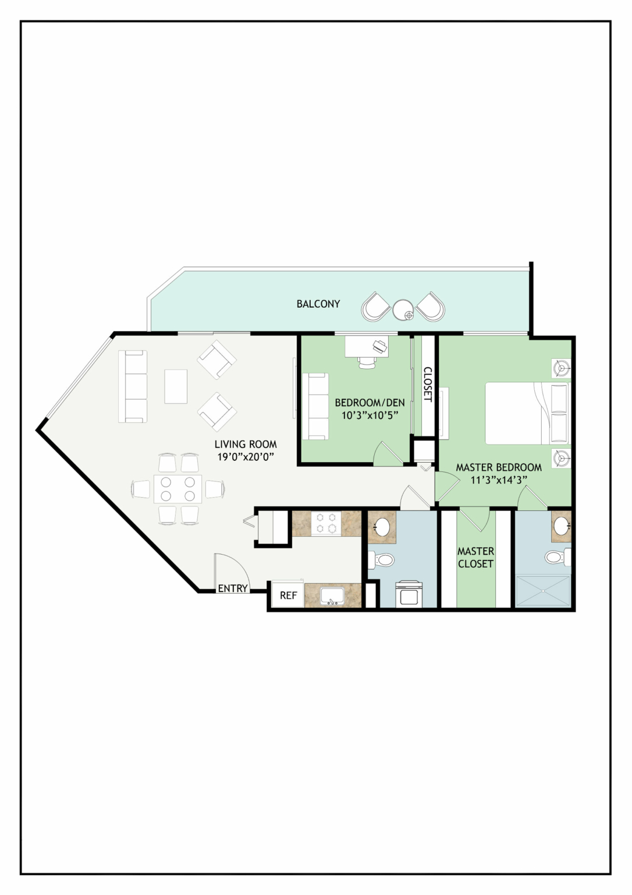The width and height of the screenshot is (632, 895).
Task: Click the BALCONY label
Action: pyautogui.click(x=318, y=304)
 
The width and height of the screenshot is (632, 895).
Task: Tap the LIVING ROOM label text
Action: pyautogui.click(x=246, y=444)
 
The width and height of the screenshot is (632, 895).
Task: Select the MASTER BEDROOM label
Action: pyautogui.click(x=499, y=467)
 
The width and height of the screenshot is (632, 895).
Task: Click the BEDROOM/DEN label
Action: pyautogui.click(x=370, y=403)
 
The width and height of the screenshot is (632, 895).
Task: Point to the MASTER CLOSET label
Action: pyautogui.click(x=475, y=558)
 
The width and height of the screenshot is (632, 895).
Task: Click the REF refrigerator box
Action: pyautogui.click(x=288, y=596)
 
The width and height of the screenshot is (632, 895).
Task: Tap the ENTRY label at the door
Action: pyautogui.click(x=233, y=588)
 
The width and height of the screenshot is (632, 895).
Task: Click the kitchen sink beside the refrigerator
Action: pyautogui.click(x=332, y=596)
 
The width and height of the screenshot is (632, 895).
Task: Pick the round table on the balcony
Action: pyautogui.click(x=404, y=310)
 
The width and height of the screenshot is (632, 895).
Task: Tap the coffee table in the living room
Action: pyautogui.click(x=176, y=386)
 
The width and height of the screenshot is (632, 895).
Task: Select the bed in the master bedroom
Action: pyautogui.click(x=528, y=413)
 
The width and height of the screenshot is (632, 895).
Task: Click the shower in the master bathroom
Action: pyautogui.click(x=543, y=591)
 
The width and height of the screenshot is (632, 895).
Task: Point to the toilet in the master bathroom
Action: pyautogui.click(x=558, y=556)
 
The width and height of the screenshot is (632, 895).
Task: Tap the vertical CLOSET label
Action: pyautogui.click(x=427, y=384)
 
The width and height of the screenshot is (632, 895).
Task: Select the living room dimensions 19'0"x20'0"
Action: pyautogui.click(x=246, y=457)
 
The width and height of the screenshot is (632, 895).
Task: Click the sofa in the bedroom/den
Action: pyautogui.click(x=315, y=406)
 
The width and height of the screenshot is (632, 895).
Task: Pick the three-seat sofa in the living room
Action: pyautogui.click(x=133, y=386)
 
